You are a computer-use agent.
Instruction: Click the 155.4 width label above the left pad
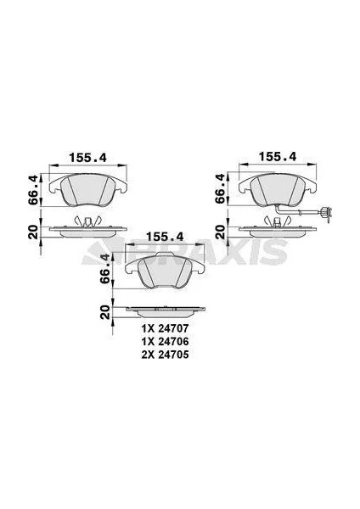(x=87, y=158)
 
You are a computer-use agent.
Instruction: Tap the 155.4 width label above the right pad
(x=278, y=157)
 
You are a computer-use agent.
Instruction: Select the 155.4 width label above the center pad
(x=165, y=237)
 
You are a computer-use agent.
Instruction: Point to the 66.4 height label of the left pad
(x=33, y=189)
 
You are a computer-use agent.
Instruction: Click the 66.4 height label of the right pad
(x=220, y=188)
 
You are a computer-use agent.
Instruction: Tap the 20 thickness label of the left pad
(x=33, y=232)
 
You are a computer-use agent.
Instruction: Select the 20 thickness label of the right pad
(x=221, y=232)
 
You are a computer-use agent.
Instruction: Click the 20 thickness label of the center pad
(x=105, y=312)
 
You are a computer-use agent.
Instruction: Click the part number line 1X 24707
(x=165, y=329)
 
